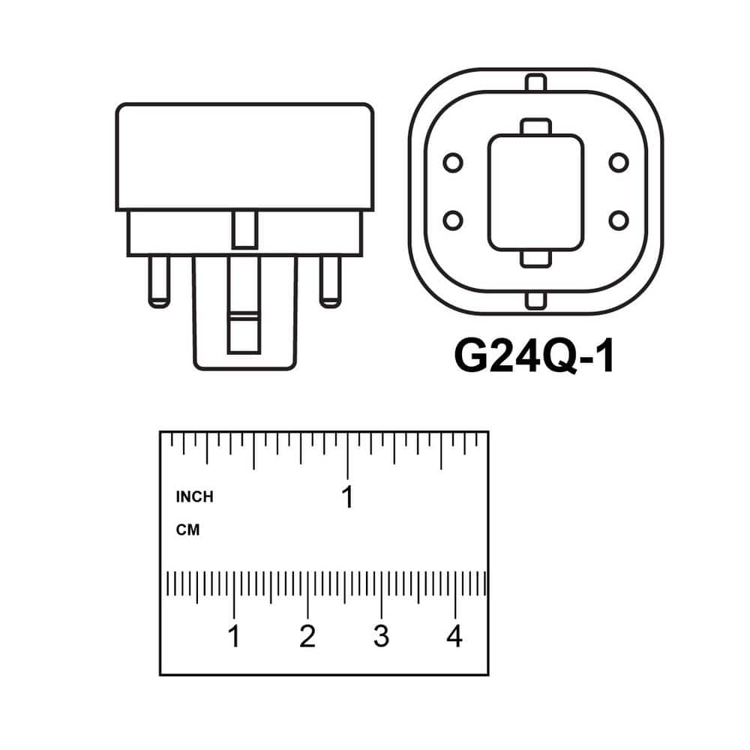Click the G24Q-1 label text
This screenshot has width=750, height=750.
click(534, 355)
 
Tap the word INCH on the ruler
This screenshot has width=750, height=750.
click(195, 497)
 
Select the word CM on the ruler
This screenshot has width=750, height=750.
click(187, 530)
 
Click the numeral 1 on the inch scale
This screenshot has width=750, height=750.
click(348, 497)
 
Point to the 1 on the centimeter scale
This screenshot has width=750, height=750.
click(233, 636)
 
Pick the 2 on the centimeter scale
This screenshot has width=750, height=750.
click(307, 636)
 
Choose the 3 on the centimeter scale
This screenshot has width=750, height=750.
click(381, 636)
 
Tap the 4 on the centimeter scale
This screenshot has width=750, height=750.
click(454, 636)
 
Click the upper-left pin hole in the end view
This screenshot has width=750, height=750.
click(453, 163)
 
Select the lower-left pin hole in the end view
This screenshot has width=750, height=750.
click(453, 220)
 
